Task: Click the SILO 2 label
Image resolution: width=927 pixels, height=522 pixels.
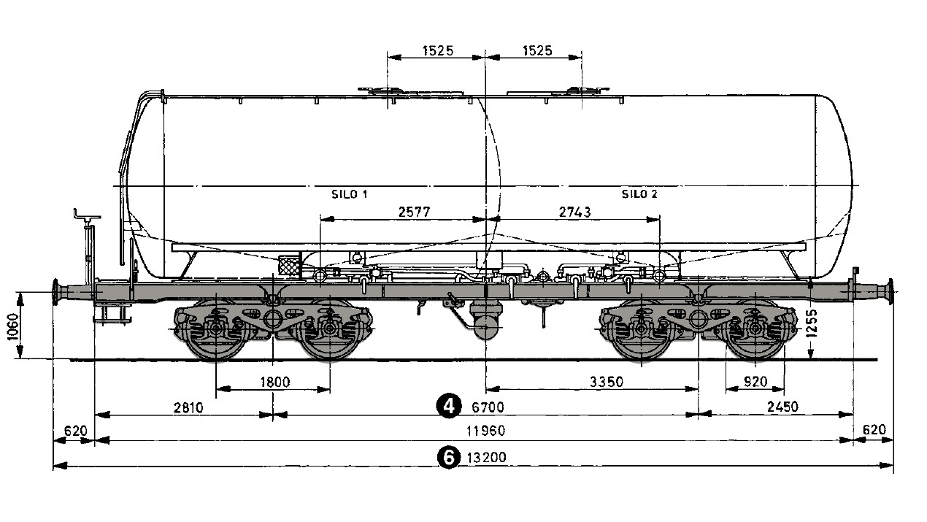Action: pyautogui.click(x=639, y=194)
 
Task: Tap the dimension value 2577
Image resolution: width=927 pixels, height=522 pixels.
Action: pyautogui.click(x=415, y=212)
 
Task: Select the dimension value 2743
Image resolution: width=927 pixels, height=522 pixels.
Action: pyautogui.click(x=574, y=212)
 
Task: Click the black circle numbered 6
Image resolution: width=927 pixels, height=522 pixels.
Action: pyautogui.click(x=447, y=457)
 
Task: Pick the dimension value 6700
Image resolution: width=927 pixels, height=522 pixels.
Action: pyautogui.click(x=488, y=407)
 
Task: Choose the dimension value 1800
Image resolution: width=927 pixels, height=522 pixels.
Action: pyautogui.click(x=274, y=381)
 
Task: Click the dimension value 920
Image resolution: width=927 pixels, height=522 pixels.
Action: pyautogui.click(x=755, y=381)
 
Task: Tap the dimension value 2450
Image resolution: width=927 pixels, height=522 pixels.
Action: pyautogui.click(x=780, y=407)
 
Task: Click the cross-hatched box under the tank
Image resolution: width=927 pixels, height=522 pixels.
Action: pyautogui.click(x=290, y=265)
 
